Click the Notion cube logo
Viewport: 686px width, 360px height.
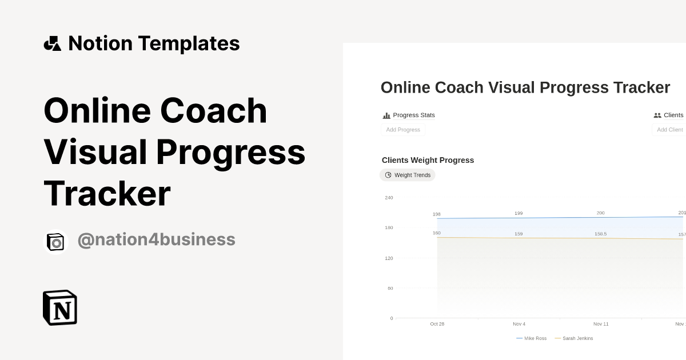[x=60, y=308]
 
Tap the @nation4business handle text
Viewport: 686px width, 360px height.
[x=156, y=239]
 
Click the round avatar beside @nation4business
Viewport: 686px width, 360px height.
[x=56, y=242]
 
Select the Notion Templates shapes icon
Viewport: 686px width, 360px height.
[x=53, y=43]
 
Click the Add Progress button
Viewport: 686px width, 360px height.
[x=403, y=130]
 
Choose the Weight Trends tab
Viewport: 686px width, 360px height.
[x=408, y=175]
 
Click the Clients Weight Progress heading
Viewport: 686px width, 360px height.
[x=428, y=160]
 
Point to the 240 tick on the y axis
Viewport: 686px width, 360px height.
[x=389, y=198]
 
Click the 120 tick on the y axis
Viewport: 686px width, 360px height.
[x=389, y=258]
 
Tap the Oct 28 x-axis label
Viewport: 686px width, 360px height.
[x=437, y=324]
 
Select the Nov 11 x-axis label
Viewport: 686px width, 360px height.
[x=601, y=324]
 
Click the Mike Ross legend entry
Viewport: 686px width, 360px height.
[x=532, y=338]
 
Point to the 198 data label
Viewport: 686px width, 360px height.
[x=437, y=214]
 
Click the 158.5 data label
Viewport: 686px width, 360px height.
[x=600, y=234]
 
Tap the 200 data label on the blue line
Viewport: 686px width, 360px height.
[x=600, y=213]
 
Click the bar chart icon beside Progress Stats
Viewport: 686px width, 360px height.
[x=386, y=115]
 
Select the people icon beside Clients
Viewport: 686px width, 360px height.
[x=657, y=115]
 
